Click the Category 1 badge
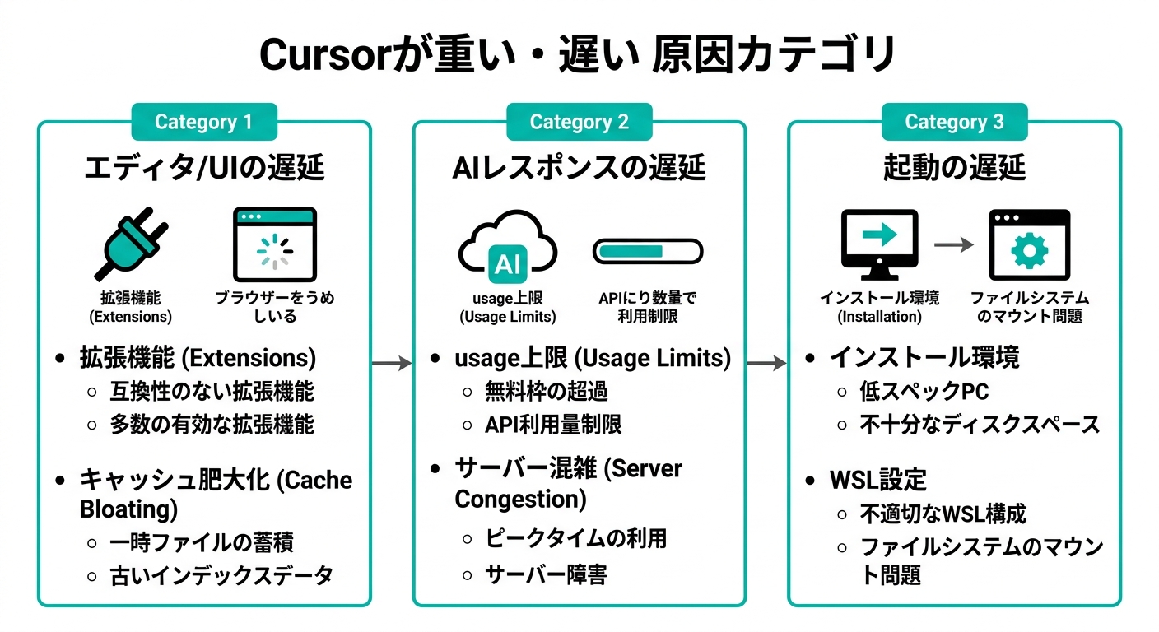[x=203, y=122]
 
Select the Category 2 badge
[x=579, y=122]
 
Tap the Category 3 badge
[x=954, y=122]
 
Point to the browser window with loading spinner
[x=274, y=244]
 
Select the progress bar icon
[x=648, y=250]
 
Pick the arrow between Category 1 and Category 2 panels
[x=392, y=363]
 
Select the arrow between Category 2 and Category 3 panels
[x=767, y=363]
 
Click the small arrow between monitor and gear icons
[x=954, y=245]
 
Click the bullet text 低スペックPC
[x=924, y=391]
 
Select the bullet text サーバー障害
[x=546, y=574]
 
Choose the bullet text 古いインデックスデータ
[x=221, y=575]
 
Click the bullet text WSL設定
[x=877, y=479]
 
